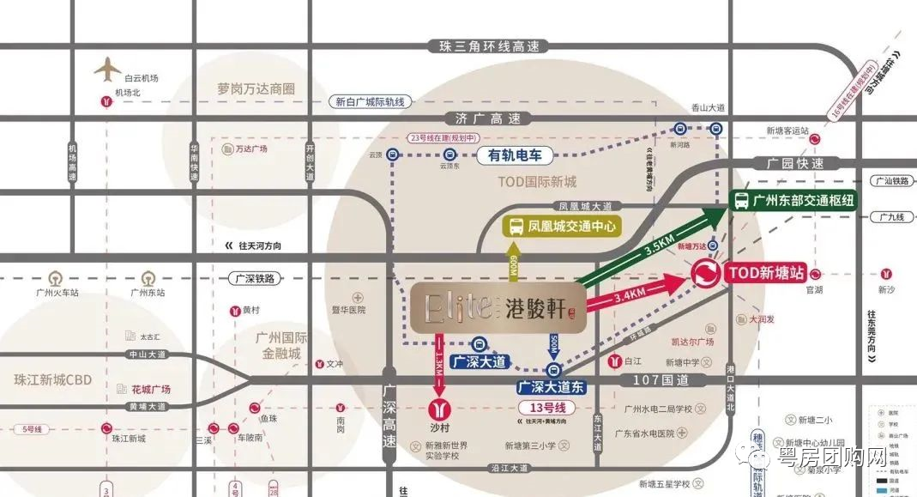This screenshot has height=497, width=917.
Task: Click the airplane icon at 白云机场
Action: (108, 68)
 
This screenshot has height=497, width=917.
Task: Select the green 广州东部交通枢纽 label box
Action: (794, 200)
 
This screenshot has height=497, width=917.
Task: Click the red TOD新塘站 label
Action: (765, 274)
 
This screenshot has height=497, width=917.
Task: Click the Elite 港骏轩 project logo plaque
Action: (498, 306)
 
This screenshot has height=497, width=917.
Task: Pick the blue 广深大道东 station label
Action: (551, 387)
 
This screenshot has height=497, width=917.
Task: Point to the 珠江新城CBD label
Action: (52, 379)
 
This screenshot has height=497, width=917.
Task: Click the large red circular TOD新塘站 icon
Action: (707, 275)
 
